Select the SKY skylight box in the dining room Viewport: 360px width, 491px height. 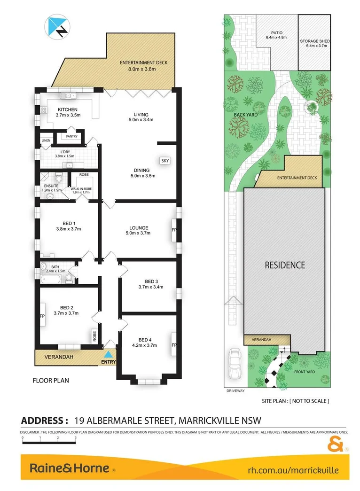click(x=165, y=161)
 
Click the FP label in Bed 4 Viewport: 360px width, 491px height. click(x=173, y=345)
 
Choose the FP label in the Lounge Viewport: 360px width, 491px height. click(x=174, y=231)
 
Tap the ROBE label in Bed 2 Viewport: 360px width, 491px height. click(x=94, y=337)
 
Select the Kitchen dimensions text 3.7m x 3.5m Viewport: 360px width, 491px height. click(x=68, y=115)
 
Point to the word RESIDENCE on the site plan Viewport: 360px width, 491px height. click(x=285, y=265)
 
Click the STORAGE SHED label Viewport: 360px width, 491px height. click(x=315, y=41)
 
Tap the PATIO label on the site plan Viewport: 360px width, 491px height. click(x=276, y=32)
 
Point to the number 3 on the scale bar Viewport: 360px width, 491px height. click(x=76, y=437)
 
